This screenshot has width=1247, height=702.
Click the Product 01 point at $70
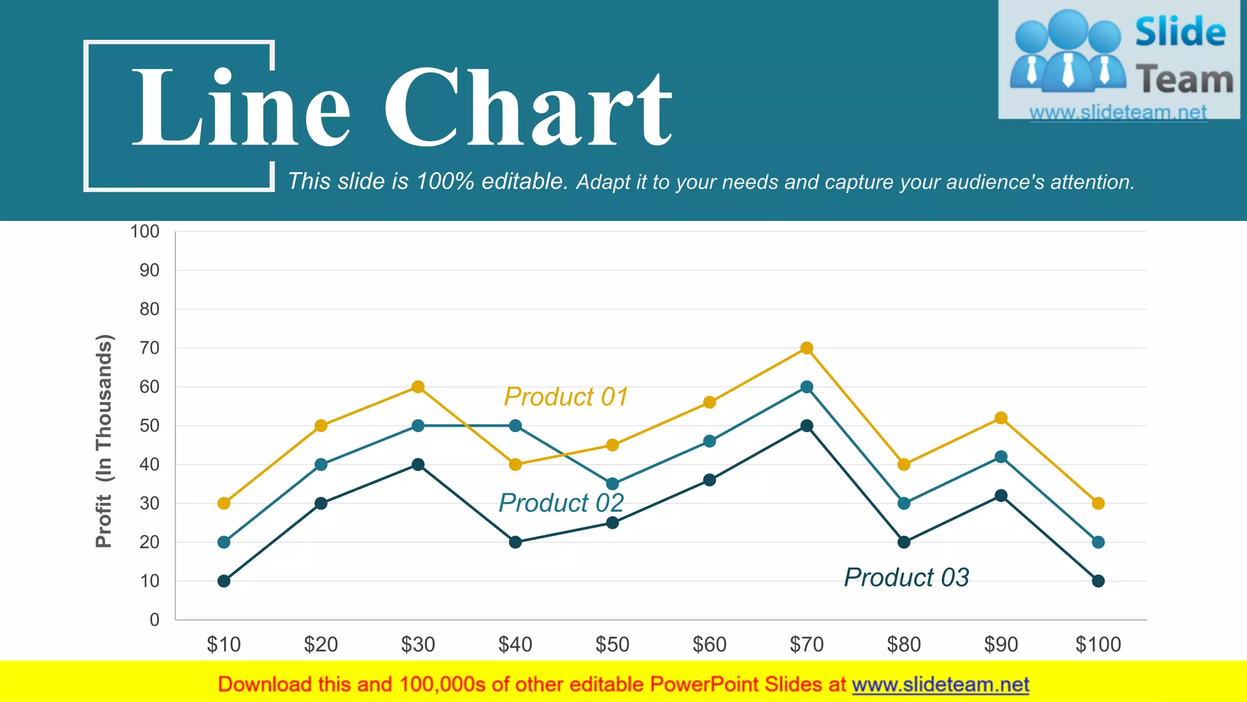point(807,348)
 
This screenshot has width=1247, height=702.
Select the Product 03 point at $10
point(224,581)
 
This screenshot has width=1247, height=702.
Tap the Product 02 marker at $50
point(613,484)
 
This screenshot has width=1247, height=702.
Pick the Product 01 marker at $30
point(418,387)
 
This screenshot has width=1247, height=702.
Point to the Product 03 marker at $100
point(1098,581)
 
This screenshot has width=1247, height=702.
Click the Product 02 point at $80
point(904,503)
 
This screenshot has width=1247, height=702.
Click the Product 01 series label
point(566,397)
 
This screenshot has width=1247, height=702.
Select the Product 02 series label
point(561,503)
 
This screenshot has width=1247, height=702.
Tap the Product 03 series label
point(906,577)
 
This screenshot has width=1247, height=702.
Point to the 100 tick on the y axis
point(145,232)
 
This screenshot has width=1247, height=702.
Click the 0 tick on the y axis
point(155,620)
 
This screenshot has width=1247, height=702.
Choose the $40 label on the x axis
point(515,644)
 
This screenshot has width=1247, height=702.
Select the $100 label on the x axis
point(1098,644)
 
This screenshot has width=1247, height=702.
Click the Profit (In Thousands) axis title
point(104,441)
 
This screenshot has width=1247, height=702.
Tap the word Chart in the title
point(527,107)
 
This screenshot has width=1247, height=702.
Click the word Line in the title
point(241,107)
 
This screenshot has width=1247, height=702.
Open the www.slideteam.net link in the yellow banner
point(941,685)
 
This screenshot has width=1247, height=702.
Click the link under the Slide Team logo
point(1118,113)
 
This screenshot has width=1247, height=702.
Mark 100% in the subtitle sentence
point(445,182)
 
